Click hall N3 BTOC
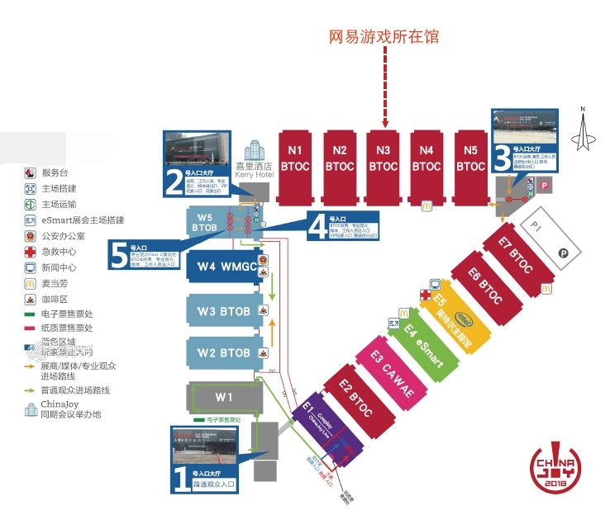(383, 165)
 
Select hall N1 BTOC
(296, 165)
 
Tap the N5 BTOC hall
(470, 165)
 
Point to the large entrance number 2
(174, 181)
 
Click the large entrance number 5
(117, 254)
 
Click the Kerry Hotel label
(254, 170)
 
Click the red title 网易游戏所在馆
(384, 36)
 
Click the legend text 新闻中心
(59, 267)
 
